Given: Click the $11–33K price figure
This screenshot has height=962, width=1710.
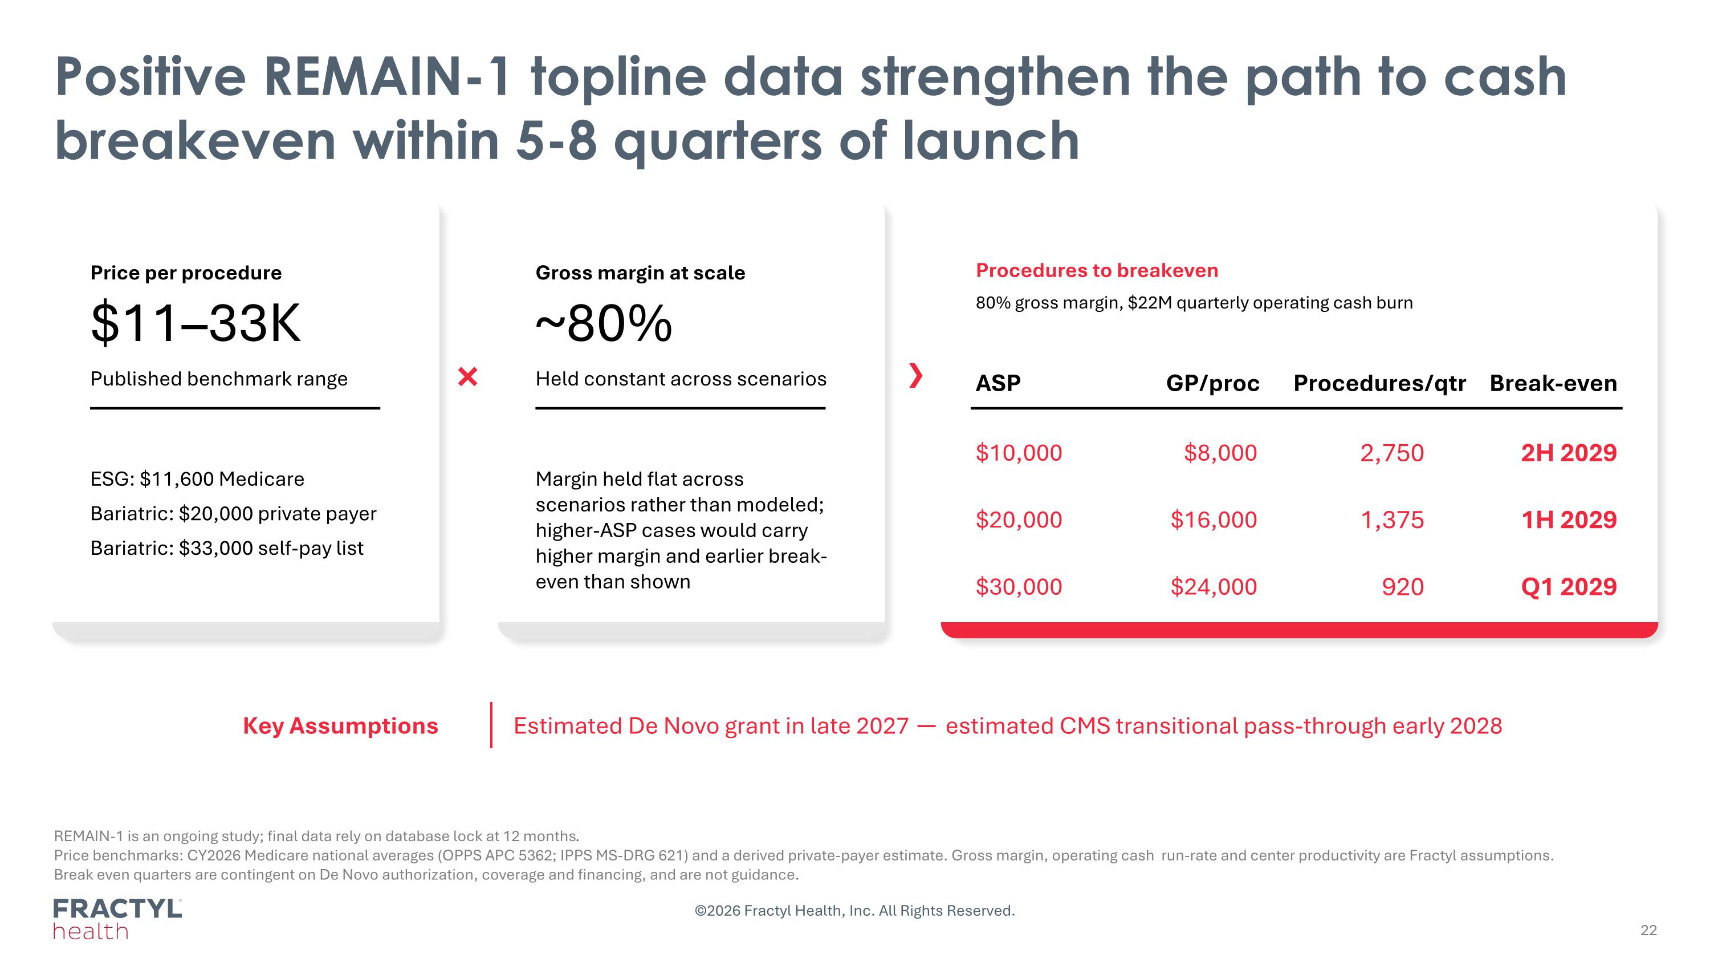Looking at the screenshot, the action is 195,323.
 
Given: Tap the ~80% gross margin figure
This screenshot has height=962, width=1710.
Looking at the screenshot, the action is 604,323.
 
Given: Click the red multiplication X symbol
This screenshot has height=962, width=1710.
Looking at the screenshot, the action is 468,376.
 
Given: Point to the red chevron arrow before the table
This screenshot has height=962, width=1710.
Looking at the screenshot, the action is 916,376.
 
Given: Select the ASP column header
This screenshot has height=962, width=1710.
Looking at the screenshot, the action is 997,383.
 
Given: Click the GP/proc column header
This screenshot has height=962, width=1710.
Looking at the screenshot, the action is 1212,384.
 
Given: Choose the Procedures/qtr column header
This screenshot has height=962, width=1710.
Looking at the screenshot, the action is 1379,384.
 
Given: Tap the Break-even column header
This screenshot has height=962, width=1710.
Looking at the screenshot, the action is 1553,383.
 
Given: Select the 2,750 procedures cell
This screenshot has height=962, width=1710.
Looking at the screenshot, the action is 1392,453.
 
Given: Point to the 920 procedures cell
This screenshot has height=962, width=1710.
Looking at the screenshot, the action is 1403,587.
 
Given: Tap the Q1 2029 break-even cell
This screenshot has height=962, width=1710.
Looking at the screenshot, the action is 1569,587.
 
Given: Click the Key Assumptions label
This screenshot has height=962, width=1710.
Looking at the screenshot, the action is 340,726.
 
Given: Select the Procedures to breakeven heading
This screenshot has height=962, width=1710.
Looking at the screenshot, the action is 1097,270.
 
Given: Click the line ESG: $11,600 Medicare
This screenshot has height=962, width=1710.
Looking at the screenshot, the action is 197,478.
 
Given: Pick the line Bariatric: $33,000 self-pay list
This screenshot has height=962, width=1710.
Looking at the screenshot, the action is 226,549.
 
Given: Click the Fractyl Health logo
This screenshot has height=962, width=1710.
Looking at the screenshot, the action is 117,919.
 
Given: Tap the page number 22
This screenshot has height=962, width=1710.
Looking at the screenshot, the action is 1648,930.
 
